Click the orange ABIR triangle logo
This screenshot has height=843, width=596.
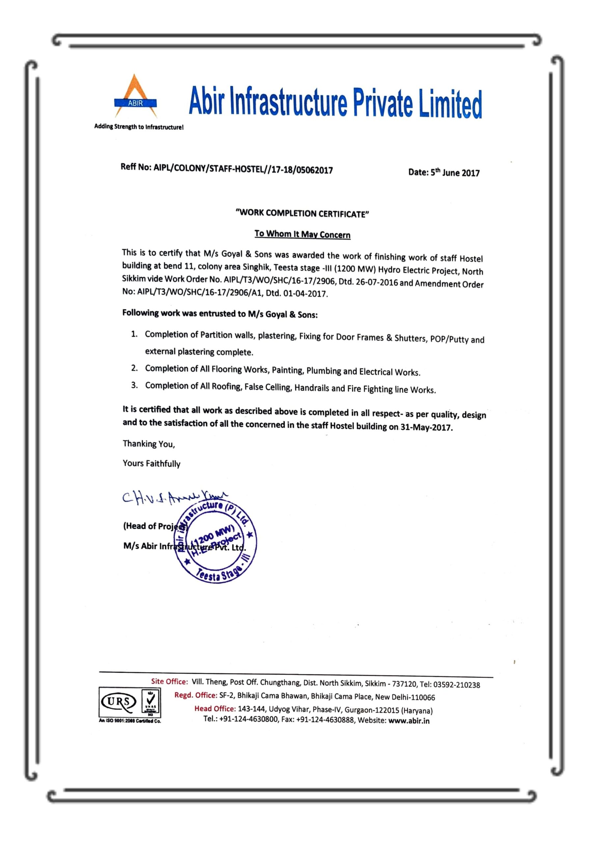(x=135, y=96)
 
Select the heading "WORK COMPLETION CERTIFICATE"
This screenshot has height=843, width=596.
(x=302, y=213)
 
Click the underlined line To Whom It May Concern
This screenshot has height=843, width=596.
(x=302, y=234)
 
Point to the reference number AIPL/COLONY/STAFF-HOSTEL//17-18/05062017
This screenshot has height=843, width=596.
(x=243, y=169)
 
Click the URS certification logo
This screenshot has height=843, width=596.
(x=118, y=702)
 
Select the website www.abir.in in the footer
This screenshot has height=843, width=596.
(x=409, y=721)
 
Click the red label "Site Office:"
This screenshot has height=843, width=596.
(x=169, y=681)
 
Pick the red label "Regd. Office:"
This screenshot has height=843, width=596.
(x=195, y=695)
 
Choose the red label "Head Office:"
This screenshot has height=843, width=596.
(x=215, y=708)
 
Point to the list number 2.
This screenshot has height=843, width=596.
(x=134, y=368)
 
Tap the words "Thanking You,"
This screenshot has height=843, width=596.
(x=149, y=444)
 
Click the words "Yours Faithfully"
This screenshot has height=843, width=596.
(x=151, y=463)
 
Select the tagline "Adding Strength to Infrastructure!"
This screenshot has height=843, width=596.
(x=139, y=127)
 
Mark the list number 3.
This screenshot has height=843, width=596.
(x=134, y=385)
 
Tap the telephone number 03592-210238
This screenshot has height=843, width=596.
(x=456, y=685)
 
